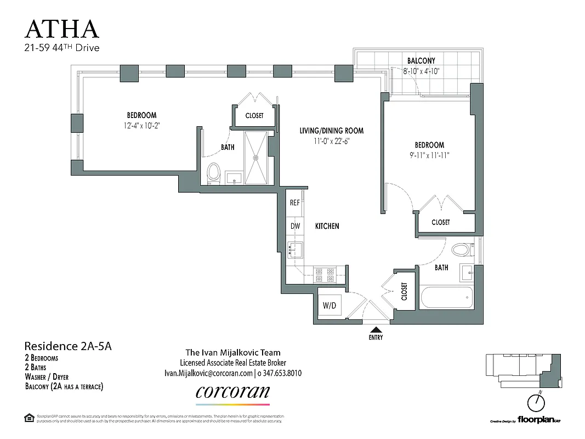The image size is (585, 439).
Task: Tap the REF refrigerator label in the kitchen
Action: [294, 202]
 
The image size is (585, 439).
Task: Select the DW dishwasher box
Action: [294, 226]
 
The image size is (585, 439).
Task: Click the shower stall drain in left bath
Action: [255, 157]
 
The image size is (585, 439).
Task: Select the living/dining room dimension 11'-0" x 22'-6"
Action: [331, 140]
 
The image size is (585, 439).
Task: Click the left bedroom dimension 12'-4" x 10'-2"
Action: [141, 125]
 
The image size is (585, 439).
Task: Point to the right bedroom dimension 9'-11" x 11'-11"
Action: [429, 155]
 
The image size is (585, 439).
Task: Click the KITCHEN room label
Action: [327, 226]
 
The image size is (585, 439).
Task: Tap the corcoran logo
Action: [233, 392]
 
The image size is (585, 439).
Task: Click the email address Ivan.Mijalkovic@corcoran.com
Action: [208, 373]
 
